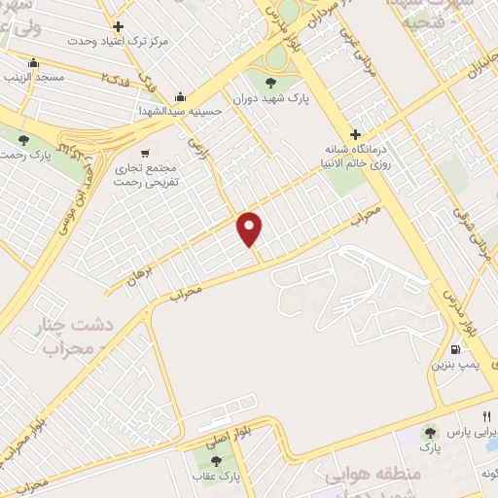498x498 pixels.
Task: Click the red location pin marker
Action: tap(250, 230)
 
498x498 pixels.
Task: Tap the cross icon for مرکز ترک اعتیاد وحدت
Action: tap(119, 26)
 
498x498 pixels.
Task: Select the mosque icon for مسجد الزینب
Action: tap(34, 64)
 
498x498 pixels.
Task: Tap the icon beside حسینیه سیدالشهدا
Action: tap(181, 97)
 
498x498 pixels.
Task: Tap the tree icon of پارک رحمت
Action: tap(22, 140)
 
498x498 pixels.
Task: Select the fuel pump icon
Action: tap(454, 350)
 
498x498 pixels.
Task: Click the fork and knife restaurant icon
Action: tap(473, 414)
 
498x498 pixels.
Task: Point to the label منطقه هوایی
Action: tap(372, 475)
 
